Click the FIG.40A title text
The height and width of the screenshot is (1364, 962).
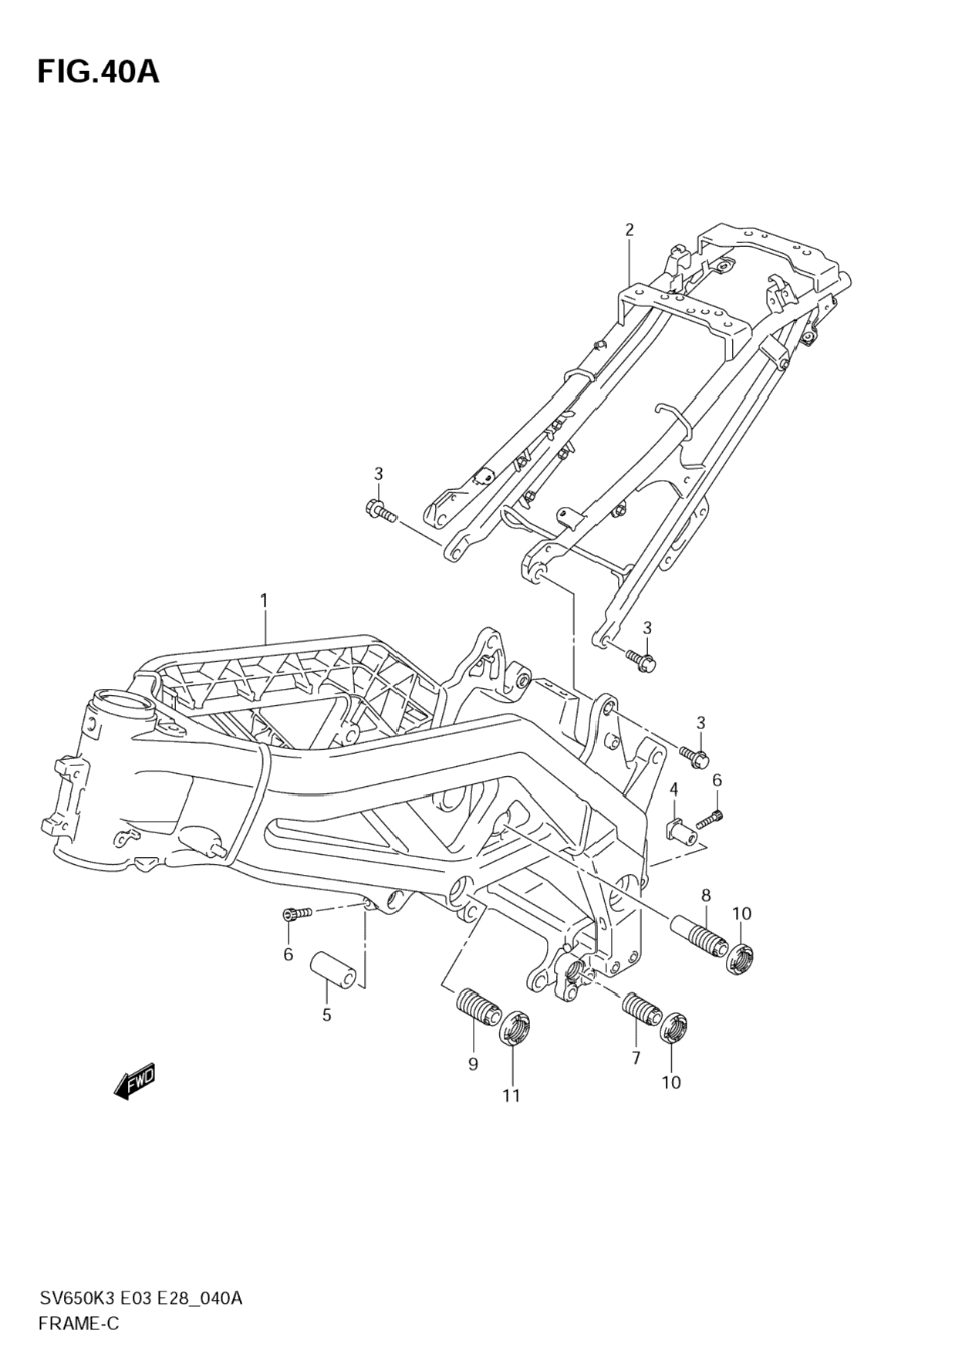point(98,72)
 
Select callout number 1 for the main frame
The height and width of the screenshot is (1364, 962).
point(264,600)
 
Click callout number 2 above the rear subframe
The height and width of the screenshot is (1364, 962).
point(629,229)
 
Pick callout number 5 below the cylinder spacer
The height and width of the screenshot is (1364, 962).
point(326,1015)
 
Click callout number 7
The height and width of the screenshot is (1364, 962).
point(636,1058)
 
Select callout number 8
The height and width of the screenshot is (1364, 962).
point(705,895)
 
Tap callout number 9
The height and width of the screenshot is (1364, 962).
point(473,1064)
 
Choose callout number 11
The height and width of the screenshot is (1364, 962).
point(511,1096)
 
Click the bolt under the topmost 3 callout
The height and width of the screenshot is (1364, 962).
point(379,510)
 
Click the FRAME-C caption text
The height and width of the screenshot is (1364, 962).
point(79,1324)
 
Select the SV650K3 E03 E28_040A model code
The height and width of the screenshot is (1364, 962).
point(141,1298)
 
